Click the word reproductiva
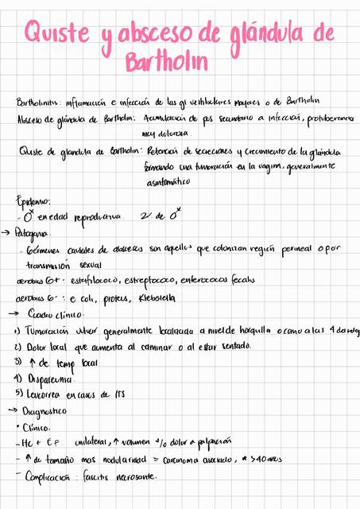(96, 216)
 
